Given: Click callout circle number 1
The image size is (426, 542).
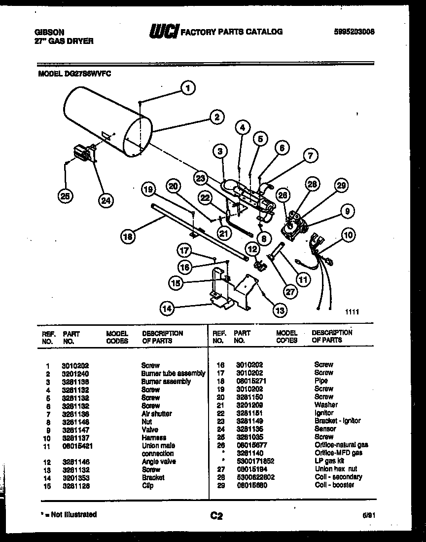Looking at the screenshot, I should point(187,88).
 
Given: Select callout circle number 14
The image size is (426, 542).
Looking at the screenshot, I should point(167,309).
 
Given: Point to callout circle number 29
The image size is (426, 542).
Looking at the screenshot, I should point(340,186).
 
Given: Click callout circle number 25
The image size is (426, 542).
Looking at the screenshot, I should point(65,196).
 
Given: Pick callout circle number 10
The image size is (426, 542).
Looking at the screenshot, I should point(349,235).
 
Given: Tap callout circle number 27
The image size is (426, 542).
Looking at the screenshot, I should point(290,292).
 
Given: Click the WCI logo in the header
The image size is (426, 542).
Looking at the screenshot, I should point(164,32).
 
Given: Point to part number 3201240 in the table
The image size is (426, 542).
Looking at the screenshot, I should point(75,374).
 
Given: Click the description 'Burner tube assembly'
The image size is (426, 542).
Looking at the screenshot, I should point(173,374).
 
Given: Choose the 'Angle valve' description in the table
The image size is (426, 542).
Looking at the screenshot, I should point(159,462).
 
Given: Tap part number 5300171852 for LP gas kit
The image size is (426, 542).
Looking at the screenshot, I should point(253,461).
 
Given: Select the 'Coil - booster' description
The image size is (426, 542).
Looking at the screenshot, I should point(334,485).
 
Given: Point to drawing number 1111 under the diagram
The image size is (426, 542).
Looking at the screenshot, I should point(351,311).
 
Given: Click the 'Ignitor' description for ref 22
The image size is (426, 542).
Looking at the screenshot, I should point(324,413).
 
